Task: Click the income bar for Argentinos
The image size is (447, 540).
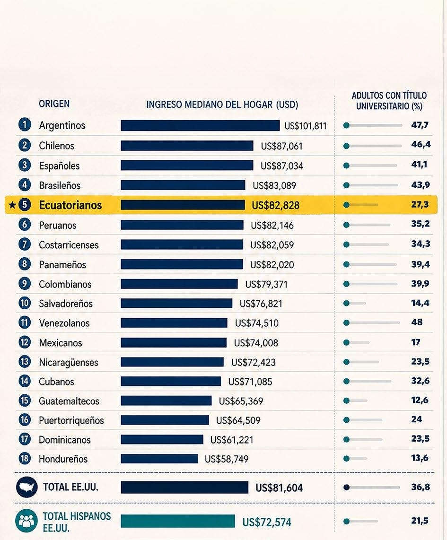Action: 200,126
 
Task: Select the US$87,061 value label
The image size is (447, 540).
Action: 282,146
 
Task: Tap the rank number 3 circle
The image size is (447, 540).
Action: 25,165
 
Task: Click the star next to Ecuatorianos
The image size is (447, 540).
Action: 12,205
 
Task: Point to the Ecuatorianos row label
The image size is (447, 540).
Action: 70,205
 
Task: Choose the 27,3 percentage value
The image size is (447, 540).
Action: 420,204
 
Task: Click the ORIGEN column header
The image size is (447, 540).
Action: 54,104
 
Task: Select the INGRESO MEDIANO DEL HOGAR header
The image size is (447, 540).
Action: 222,105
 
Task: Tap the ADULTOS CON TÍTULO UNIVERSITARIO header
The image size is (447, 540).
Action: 389,101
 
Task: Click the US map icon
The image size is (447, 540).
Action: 26,487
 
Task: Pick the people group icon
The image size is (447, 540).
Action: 26,521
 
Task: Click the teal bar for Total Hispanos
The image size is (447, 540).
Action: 178,521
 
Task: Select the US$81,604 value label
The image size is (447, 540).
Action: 279,488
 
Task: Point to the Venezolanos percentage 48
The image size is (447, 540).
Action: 417,322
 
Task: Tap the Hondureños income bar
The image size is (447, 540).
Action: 159,459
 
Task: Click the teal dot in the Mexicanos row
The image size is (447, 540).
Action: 346,343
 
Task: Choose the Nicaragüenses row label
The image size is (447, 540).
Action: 69,362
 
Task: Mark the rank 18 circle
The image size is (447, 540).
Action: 25,458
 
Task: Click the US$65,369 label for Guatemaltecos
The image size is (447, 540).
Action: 241,401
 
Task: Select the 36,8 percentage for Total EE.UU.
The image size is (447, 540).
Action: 421,487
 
